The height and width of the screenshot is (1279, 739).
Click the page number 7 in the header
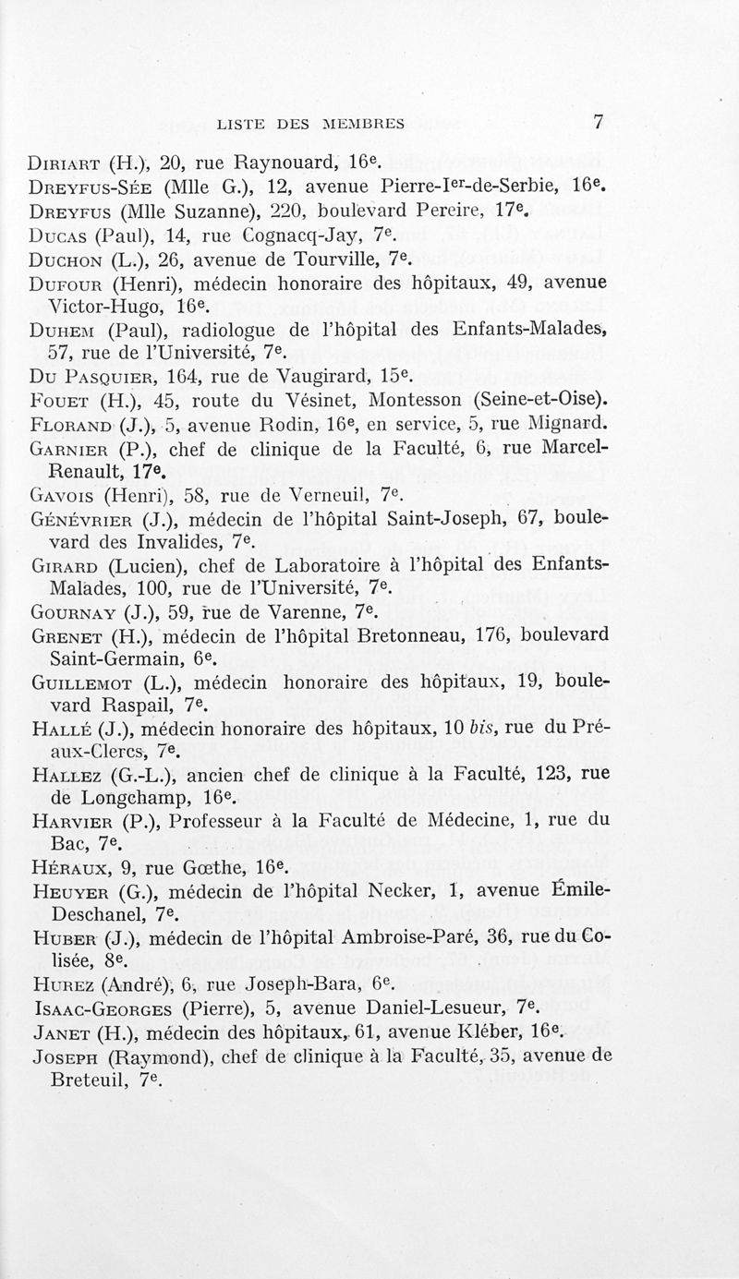599,121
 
